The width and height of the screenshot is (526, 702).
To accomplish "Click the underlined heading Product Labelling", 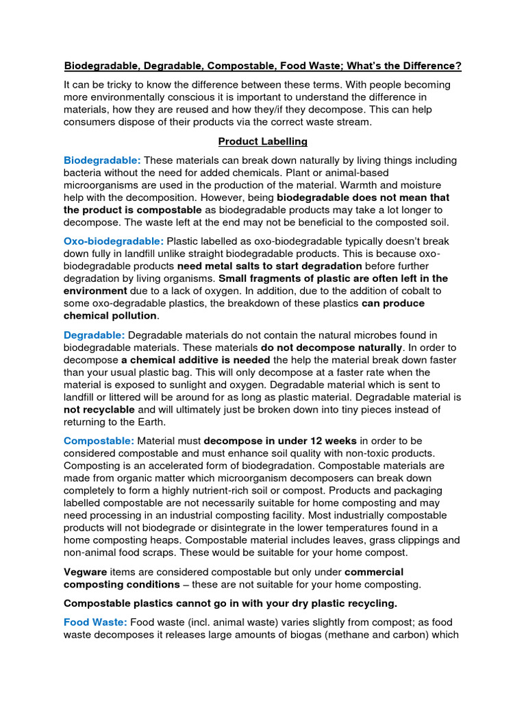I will click(263, 141).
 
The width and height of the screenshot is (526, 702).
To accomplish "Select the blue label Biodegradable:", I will click(102, 160).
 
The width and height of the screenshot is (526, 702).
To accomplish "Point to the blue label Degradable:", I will click(95, 335).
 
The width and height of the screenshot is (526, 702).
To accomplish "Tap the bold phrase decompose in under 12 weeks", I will click(280, 440).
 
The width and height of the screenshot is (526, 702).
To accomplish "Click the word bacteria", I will click(86, 173).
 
